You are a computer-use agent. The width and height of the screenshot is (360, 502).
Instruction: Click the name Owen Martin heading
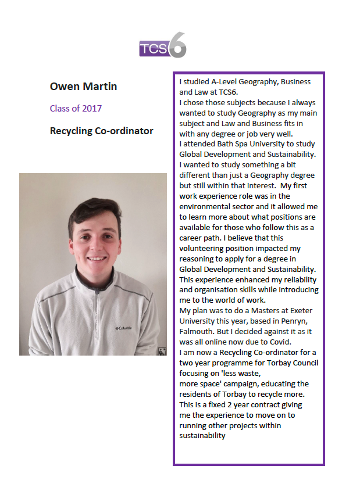(x=84, y=87)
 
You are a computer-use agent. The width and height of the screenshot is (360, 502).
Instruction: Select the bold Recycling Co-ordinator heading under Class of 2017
(x=101, y=131)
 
